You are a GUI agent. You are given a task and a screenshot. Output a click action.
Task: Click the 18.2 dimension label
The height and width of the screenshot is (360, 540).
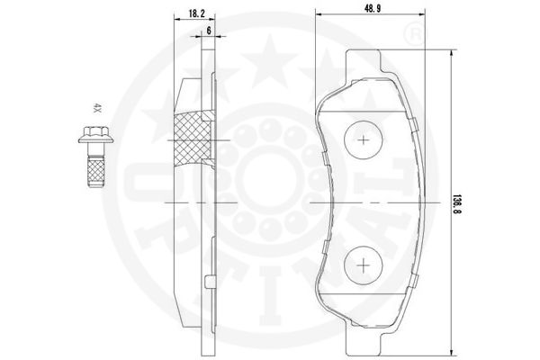pos(197,13)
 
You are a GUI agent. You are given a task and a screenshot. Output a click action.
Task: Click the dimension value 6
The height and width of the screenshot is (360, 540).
pos(209,31)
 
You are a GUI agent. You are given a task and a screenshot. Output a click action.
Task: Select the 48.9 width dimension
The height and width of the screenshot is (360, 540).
pos(373,9)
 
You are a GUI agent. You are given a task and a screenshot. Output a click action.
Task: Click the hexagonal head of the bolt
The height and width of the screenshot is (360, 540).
pos(96,131)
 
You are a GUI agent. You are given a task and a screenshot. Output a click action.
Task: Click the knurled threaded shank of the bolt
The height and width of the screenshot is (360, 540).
pos(96,171)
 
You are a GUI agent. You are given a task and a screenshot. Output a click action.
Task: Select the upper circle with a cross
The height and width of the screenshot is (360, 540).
pos(364,139)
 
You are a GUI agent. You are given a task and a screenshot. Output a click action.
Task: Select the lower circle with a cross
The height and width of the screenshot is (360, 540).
pos(364,265)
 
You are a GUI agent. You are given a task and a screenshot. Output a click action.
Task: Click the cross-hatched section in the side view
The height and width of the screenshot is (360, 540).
pos(193,140)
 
